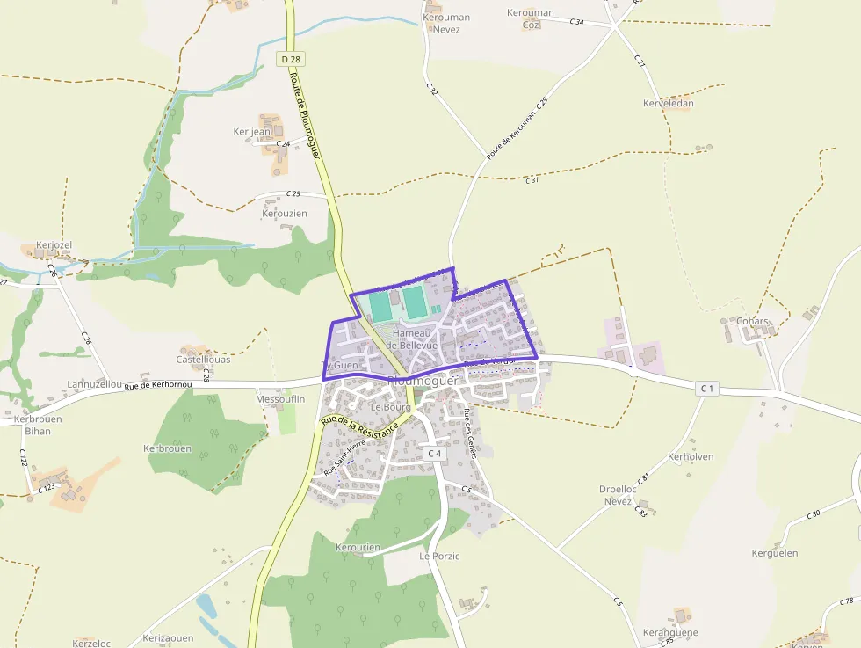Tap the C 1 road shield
(707, 388)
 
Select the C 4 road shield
(432, 453)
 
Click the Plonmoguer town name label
(423, 381)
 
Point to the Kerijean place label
(252, 132)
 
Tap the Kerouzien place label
(285, 214)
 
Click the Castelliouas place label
(203, 360)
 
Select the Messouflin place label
(279, 399)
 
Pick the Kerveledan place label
(668, 103)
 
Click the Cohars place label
(753, 321)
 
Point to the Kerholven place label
(691, 457)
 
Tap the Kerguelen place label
(774, 553)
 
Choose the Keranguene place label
(670, 632)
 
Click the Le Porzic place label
(439, 556)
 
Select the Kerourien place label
(358, 547)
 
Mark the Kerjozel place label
(54, 244)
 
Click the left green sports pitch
(380, 306)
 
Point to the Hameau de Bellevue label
(415, 339)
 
